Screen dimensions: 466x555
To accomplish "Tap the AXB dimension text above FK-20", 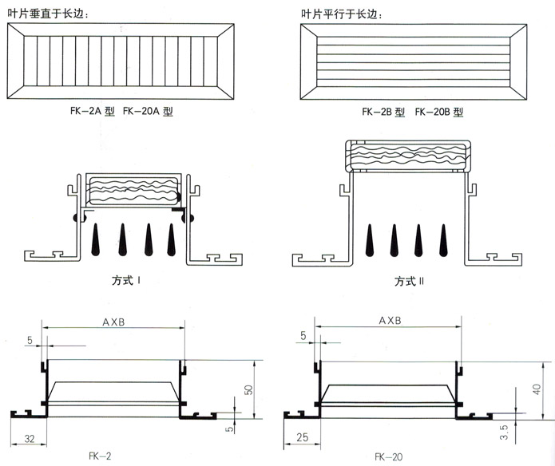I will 389,321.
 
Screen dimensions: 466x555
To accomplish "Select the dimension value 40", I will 537,389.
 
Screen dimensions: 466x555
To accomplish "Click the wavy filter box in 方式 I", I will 133,192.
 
